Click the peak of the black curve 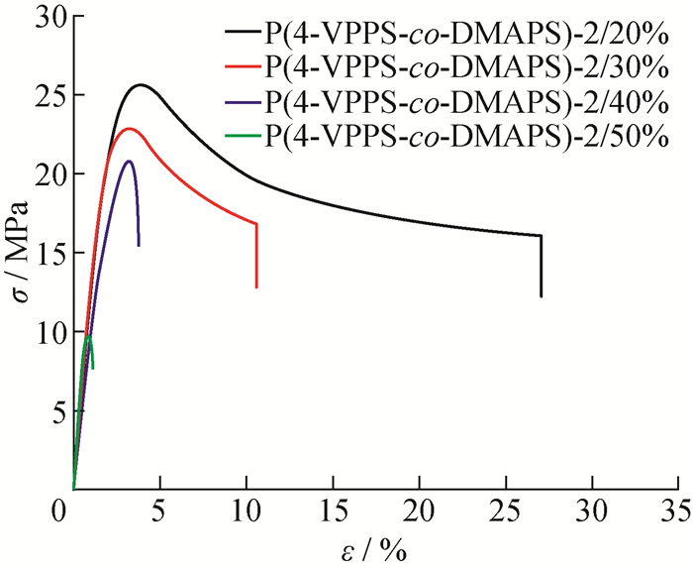pyautogui.click(x=141, y=85)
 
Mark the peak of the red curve pyautogui.click(x=128, y=129)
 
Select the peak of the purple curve pyautogui.click(x=129, y=161)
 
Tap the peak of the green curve pyautogui.click(x=88, y=336)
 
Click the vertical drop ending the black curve pyautogui.click(x=541, y=266)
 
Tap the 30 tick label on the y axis pyautogui.click(x=46, y=17)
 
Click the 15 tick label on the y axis pyautogui.click(x=46, y=254)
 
